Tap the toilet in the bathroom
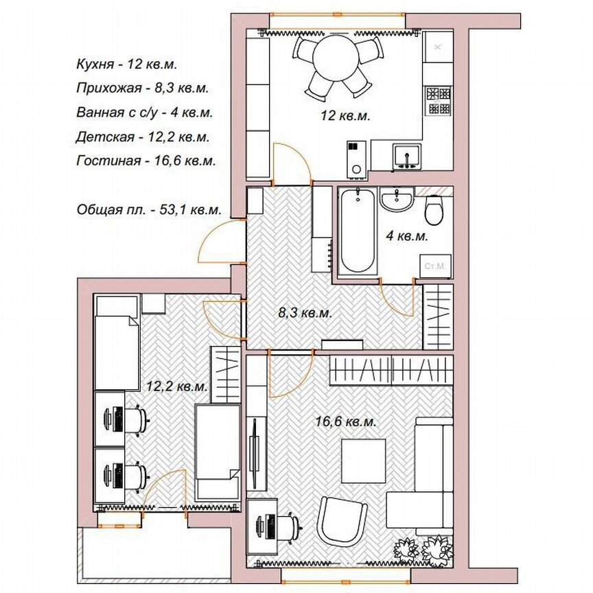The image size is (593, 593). tap(434, 209)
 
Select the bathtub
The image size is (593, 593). tap(358, 231)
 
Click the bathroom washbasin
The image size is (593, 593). tap(396, 199)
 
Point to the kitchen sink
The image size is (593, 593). tap(407, 156)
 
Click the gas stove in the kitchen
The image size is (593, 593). tap(439, 101)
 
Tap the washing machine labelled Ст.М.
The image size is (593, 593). tap(436, 266)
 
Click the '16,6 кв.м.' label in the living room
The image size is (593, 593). tap(346, 421)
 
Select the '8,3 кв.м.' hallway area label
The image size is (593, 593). tap(305, 313)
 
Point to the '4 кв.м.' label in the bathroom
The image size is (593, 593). tap(406, 236)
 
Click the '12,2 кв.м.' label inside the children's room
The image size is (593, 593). tap(177, 386)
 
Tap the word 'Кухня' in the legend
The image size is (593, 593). tap(95, 65)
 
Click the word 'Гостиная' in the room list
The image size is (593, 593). tap(108, 161)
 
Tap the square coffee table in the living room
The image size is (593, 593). tap(364, 461)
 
